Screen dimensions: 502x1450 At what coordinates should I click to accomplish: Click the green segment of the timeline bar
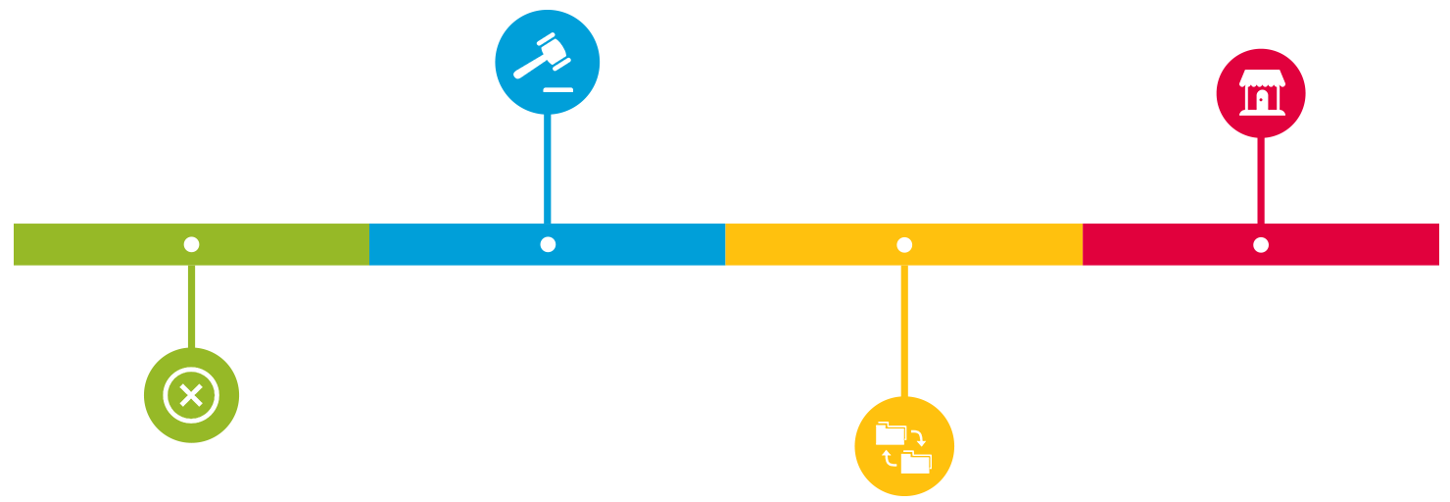point(98,244)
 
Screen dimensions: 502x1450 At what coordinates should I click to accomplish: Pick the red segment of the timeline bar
point(1352,244)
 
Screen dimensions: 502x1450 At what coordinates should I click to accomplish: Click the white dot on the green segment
point(191,244)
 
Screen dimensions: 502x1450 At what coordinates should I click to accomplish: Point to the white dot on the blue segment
point(548,244)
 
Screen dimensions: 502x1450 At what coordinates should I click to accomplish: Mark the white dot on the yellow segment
point(904,244)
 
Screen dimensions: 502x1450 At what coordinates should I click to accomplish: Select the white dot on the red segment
point(1261,244)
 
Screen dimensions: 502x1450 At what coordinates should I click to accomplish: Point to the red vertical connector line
point(1261,181)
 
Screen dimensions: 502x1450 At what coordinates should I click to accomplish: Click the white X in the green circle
point(191,396)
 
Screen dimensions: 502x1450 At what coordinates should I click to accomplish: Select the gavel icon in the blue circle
point(542,57)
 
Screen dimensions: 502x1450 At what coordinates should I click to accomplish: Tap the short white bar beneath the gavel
point(556,89)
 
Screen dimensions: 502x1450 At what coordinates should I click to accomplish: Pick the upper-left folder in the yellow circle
point(890,433)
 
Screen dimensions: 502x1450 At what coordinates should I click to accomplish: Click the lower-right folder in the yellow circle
point(916,462)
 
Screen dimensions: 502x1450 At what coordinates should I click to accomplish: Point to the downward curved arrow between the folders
point(918,437)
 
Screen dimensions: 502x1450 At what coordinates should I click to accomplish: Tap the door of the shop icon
point(1261,100)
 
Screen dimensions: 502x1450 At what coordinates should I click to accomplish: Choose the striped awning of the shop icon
point(1261,77)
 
